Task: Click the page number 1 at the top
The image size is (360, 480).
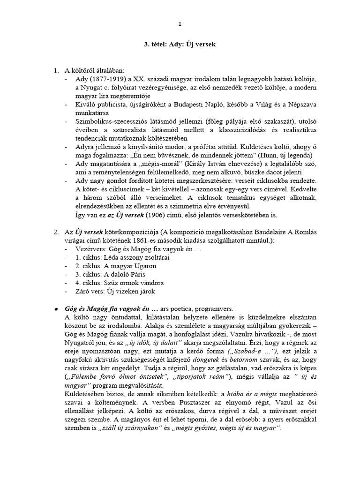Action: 180,24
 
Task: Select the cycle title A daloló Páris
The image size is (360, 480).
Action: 125,273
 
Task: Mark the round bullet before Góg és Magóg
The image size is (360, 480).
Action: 55,310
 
